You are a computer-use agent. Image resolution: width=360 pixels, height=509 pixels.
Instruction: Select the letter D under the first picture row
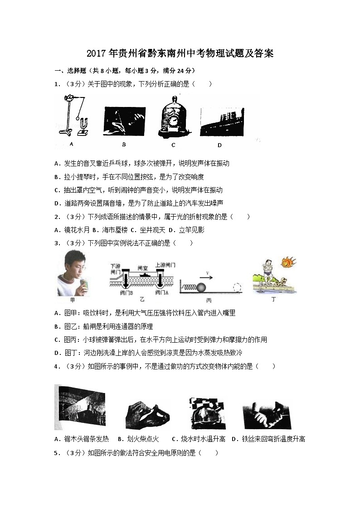pos(219,145)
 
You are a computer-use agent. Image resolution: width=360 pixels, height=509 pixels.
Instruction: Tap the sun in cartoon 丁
pos(287,262)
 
